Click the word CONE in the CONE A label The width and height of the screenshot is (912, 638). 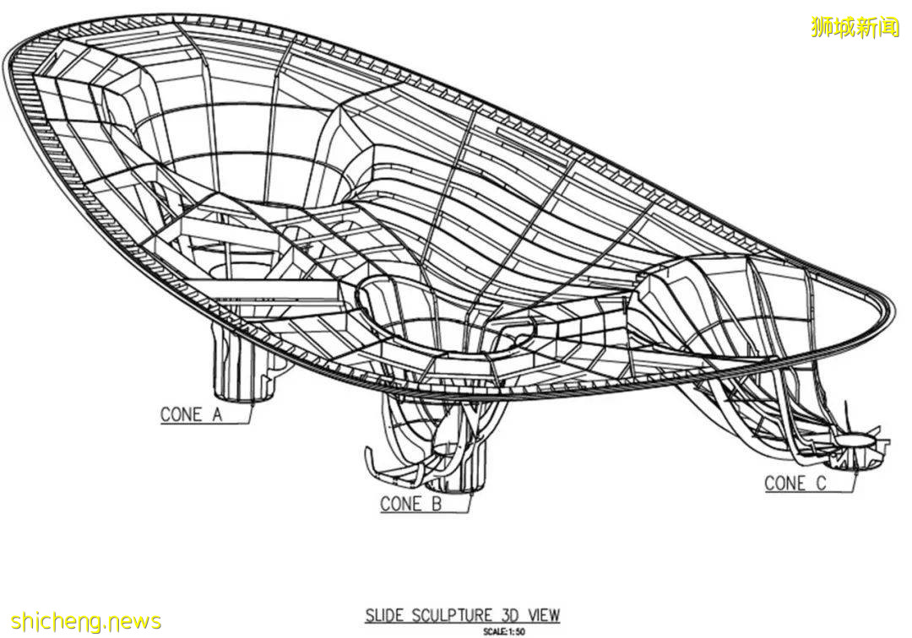coord(181,414)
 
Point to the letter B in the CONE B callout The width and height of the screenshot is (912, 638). coord(437,504)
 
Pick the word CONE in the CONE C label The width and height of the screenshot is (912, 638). coord(785,483)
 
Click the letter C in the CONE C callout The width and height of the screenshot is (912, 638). coord(822,483)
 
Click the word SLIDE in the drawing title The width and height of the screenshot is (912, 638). coord(383,615)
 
